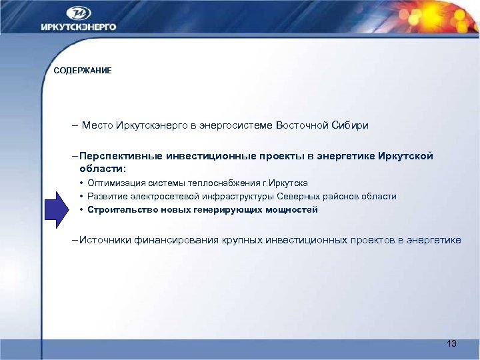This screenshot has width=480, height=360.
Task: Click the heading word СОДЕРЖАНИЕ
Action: tap(83, 71)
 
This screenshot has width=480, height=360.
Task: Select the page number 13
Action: tap(451, 343)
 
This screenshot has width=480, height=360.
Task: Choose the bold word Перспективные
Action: tap(117, 156)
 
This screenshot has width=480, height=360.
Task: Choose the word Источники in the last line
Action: tap(104, 240)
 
